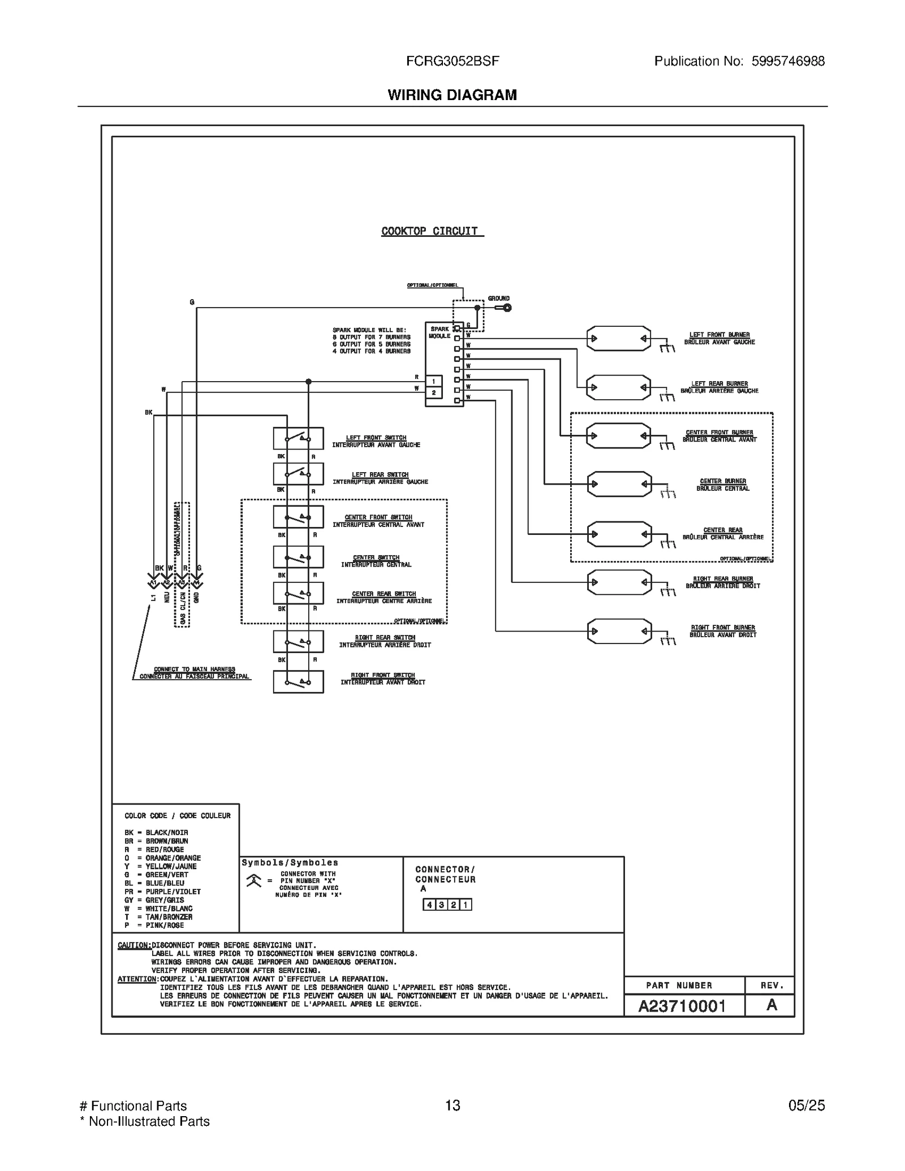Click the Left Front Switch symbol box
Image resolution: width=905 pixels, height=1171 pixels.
298,438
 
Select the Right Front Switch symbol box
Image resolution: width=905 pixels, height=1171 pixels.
298,681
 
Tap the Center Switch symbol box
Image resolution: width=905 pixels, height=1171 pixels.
298,557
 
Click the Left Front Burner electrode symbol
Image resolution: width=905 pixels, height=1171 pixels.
618,339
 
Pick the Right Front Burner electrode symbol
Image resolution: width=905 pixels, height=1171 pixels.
619,631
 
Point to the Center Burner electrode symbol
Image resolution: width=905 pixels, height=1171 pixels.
619,484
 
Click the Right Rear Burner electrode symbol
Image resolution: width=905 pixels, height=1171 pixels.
619,582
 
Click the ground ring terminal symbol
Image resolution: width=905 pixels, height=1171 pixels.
507,308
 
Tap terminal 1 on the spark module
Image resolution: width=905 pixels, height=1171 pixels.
434,382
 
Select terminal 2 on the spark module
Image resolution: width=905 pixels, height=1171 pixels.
434,392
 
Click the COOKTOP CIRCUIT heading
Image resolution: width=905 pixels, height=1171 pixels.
430,231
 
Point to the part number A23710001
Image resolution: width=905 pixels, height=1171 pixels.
682,1006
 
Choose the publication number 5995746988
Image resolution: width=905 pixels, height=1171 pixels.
788,61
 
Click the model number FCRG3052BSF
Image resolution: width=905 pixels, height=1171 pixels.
453,61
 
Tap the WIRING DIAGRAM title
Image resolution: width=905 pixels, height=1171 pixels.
453,95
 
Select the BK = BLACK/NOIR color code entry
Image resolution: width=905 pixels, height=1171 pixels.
156,832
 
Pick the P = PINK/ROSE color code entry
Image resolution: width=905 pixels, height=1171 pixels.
154,925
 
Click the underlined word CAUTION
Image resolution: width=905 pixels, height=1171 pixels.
134,945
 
